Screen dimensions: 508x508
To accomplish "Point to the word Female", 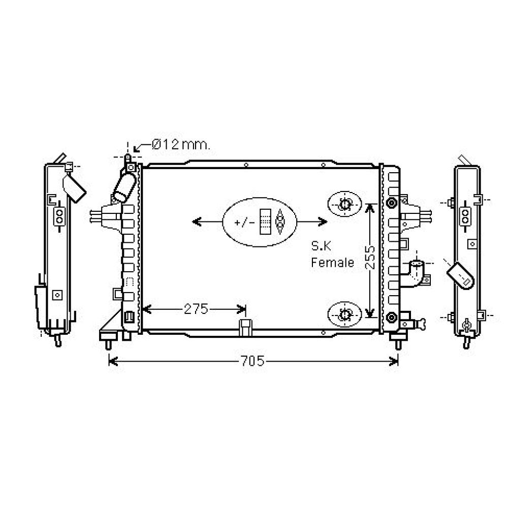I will click(x=332, y=263).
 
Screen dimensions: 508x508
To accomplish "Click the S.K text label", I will click(x=321, y=247).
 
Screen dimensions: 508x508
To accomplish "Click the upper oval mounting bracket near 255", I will click(x=344, y=205).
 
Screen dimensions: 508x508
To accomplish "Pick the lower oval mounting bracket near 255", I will click(x=344, y=314).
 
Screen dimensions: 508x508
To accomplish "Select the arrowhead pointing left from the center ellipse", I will click(x=196, y=221).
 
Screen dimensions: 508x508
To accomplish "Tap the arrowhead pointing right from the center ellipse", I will click(x=323, y=221).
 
